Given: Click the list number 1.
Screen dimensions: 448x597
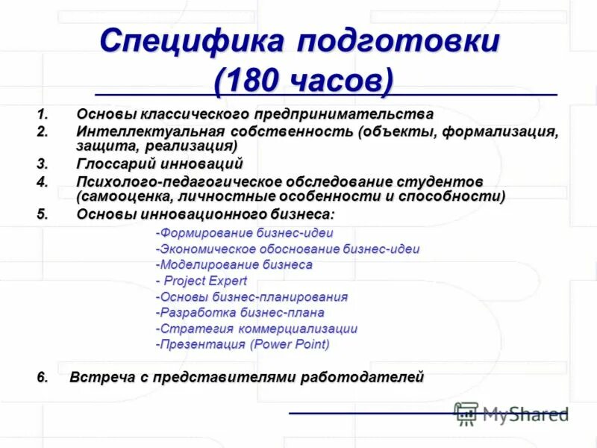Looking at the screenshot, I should [x=42, y=114].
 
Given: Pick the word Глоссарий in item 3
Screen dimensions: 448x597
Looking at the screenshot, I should [x=111, y=164].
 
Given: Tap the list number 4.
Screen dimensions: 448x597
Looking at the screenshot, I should [x=42, y=182].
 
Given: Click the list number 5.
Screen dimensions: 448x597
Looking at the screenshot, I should [x=42, y=214].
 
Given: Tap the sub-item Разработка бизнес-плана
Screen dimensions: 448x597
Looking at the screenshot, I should [x=241, y=313].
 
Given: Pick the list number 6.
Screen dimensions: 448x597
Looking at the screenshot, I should [x=42, y=377].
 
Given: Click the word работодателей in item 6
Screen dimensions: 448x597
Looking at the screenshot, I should [x=362, y=377].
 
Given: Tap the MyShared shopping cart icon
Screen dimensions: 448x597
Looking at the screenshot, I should [x=466, y=414].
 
